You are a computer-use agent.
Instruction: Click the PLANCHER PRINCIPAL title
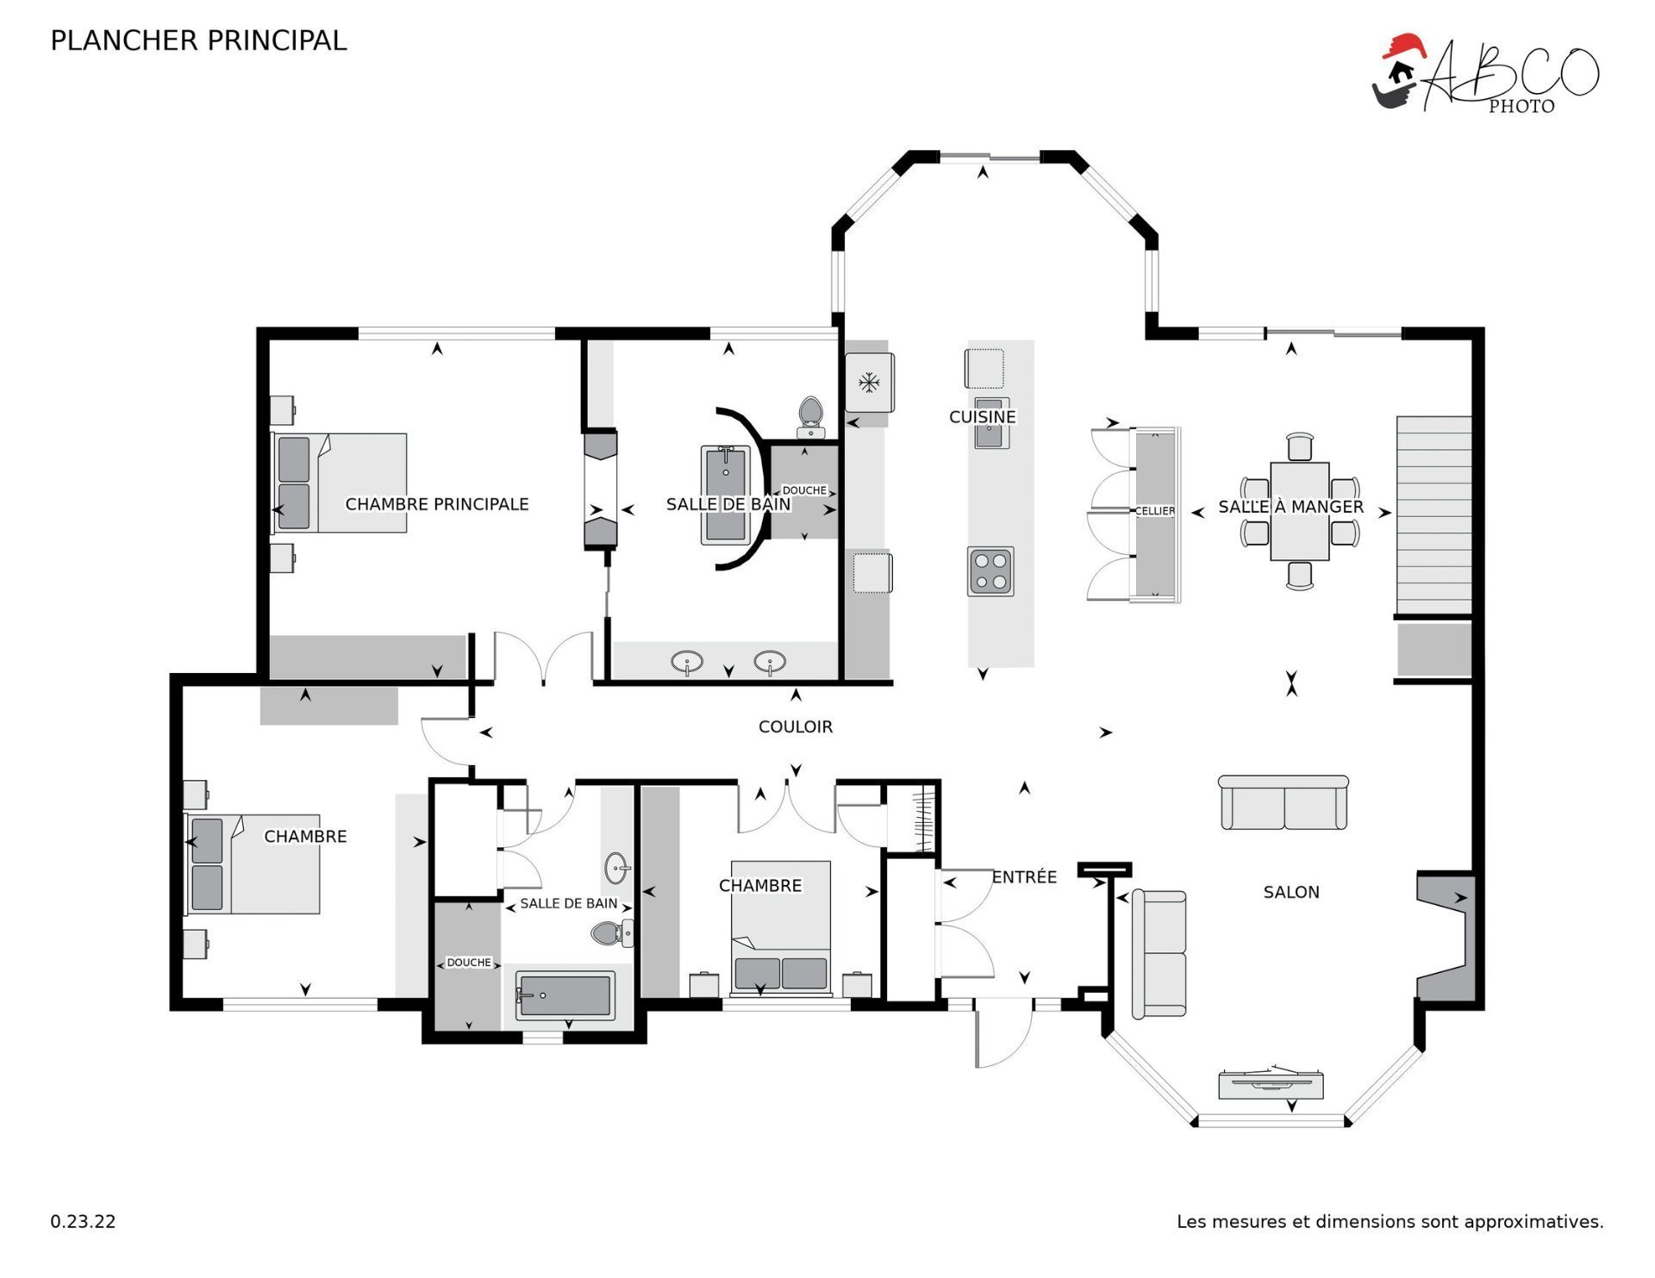click(x=198, y=41)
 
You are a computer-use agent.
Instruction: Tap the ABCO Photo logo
click(x=1484, y=74)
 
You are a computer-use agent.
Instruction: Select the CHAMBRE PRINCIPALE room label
click(x=437, y=504)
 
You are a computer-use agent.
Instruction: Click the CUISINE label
click(x=983, y=417)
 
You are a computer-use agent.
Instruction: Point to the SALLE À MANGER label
click(x=1290, y=507)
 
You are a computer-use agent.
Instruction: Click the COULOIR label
click(x=796, y=726)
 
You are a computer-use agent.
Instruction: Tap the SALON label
click(x=1291, y=892)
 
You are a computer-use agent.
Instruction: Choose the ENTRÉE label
click(x=1024, y=876)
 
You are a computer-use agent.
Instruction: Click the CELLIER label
click(x=1155, y=511)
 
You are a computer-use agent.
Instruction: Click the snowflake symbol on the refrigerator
click(x=869, y=382)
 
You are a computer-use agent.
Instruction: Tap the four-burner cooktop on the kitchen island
click(x=990, y=571)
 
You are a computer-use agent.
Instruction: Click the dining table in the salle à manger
click(x=1300, y=511)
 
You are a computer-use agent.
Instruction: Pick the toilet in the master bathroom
click(x=810, y=417)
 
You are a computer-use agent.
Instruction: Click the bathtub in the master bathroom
click(x=725, y=496)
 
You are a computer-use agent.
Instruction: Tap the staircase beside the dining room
click(x=1433, y=515)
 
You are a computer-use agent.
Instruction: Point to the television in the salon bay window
click(x=1271, y=1084)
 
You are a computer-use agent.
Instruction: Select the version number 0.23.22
click(x=83, y=1221)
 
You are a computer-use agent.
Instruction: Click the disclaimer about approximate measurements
click(x=1390, y=1221)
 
